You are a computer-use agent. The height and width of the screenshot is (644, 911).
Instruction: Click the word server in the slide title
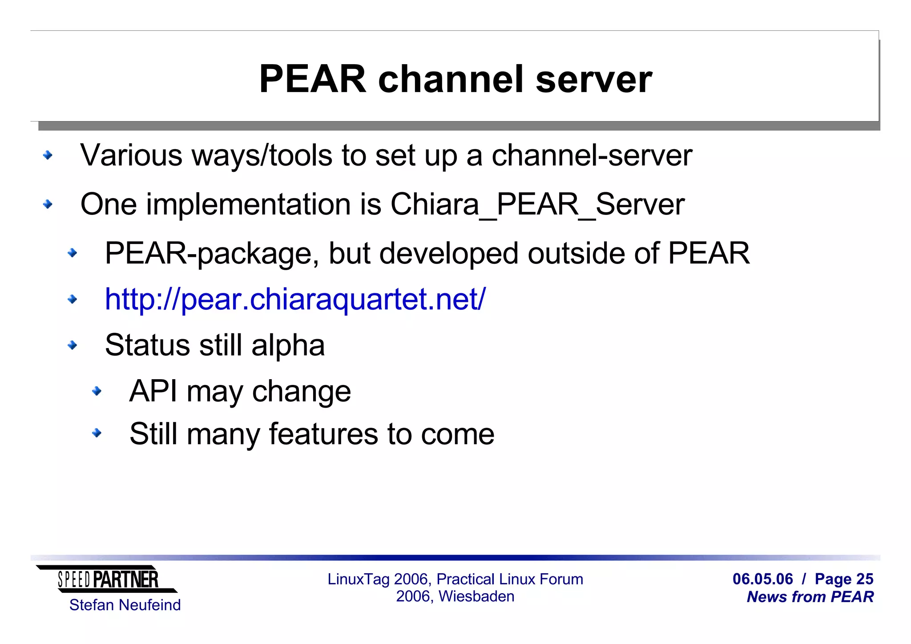tap(594, 79)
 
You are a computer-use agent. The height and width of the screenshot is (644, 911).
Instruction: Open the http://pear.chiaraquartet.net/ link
tap(295, 299)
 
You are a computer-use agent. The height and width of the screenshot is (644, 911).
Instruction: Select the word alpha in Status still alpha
tap(288, 346)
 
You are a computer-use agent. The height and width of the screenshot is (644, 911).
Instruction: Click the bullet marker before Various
tap(48, 155)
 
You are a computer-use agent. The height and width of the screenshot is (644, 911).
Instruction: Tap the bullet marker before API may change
tap(97, 391)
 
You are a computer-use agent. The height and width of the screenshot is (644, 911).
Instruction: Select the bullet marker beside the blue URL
tap(72, 299)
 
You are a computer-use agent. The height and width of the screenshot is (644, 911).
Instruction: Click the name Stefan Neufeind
tap(125, 605)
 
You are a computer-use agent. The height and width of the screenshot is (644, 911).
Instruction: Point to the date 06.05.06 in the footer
tap(762, 579)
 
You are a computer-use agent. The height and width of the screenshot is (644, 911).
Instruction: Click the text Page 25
tap(844, 579)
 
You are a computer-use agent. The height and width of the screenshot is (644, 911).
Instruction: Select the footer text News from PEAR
tap(810, 597)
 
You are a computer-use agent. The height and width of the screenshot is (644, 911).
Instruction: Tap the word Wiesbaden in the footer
tap(476, 596)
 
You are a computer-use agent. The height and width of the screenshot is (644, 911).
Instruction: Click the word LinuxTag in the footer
tap(358, 579)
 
